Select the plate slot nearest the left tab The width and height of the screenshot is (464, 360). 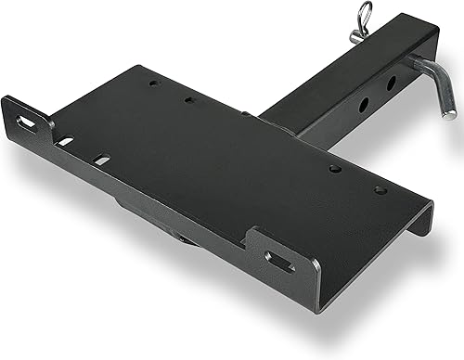click(x=65, y=141)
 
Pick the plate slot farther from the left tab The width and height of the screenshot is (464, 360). click(x=101, y=160)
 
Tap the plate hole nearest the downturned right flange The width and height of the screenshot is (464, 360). click(x=380, y=189)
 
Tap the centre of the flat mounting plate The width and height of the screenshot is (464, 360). click(x=223, y=158)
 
